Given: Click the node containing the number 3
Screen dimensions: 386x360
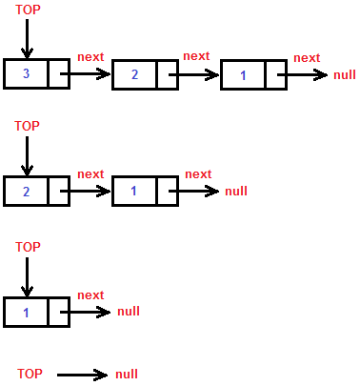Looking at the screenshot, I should point(27,74).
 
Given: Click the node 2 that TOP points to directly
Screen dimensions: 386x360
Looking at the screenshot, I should point(27,191).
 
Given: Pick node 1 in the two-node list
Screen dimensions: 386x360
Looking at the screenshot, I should point(134,191).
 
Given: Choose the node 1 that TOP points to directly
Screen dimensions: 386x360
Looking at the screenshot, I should point(27,312).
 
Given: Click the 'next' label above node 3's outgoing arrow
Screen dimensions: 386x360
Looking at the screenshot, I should point(90,57).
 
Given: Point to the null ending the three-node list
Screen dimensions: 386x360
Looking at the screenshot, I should point(345,75).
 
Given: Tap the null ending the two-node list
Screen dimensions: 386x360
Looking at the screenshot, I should point(236,191).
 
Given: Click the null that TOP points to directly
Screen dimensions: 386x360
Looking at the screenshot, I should point(127,375).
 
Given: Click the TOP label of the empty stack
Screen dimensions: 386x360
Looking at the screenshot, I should point(30,374).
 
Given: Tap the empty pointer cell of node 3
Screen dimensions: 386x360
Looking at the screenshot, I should point(58,74).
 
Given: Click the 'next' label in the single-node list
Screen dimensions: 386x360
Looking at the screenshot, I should point(90,295).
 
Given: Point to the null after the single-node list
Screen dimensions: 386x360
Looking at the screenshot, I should point(128,312).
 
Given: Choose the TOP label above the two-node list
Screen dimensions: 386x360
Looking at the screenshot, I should point(28,126).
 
